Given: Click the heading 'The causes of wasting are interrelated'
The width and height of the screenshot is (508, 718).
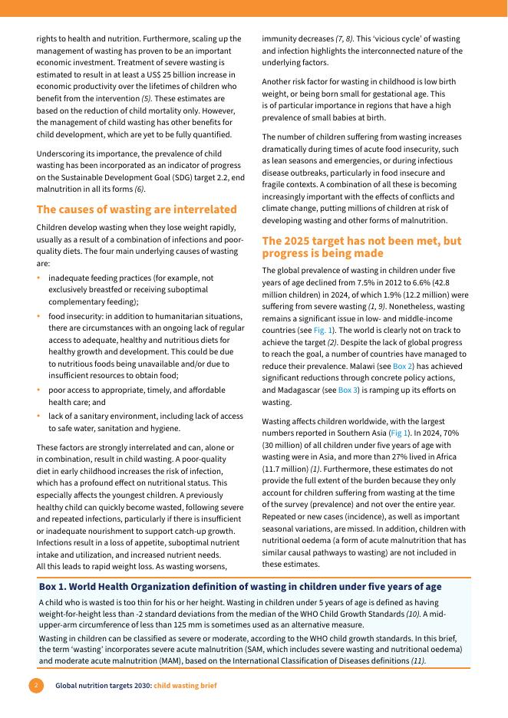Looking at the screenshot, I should (137, 209).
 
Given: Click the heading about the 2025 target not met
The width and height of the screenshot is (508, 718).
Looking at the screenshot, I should (361, 247).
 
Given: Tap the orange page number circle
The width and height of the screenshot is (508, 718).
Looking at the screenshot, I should (36, 685).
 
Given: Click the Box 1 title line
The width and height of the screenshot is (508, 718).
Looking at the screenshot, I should (240, 587).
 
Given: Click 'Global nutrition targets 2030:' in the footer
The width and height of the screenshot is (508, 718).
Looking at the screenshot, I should (103, 685).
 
